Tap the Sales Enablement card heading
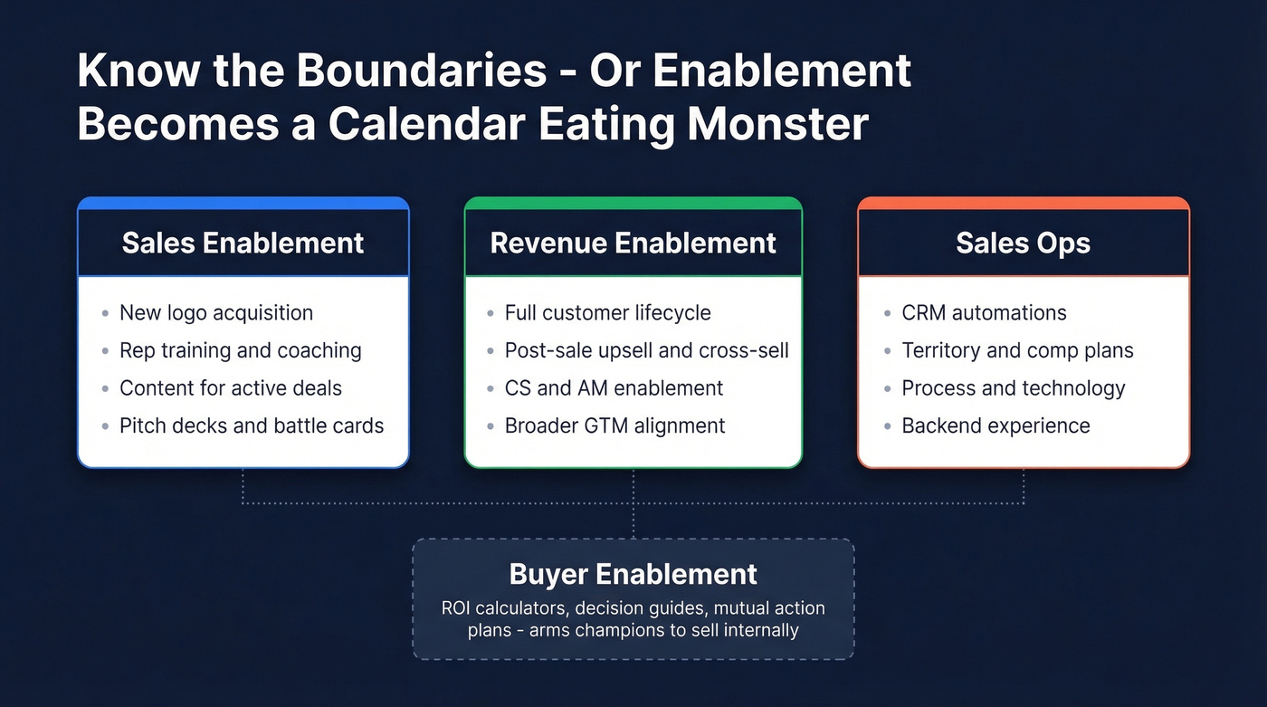[x=243, y=243]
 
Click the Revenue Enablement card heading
[x=633, y=243]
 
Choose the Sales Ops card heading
[x=1023, y=243]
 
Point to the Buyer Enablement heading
[x=633, y=574]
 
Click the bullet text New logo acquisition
[x=216, y=313]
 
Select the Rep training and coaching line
[x=240, y=350]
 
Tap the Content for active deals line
[x=231, y=388]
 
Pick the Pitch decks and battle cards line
[x=252, y=425]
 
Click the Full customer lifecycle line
[x=607, y=313]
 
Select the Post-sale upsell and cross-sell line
[x=646, y=350]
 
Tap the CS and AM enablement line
[x=614, y=388]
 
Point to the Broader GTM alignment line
[x=614, y=425]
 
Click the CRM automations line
[x=984, y=313]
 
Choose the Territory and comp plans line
[x=1017, y=350]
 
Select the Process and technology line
[x=1013, y=388]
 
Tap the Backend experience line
[x=995, y=425]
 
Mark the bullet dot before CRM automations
[x=887, y=314]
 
